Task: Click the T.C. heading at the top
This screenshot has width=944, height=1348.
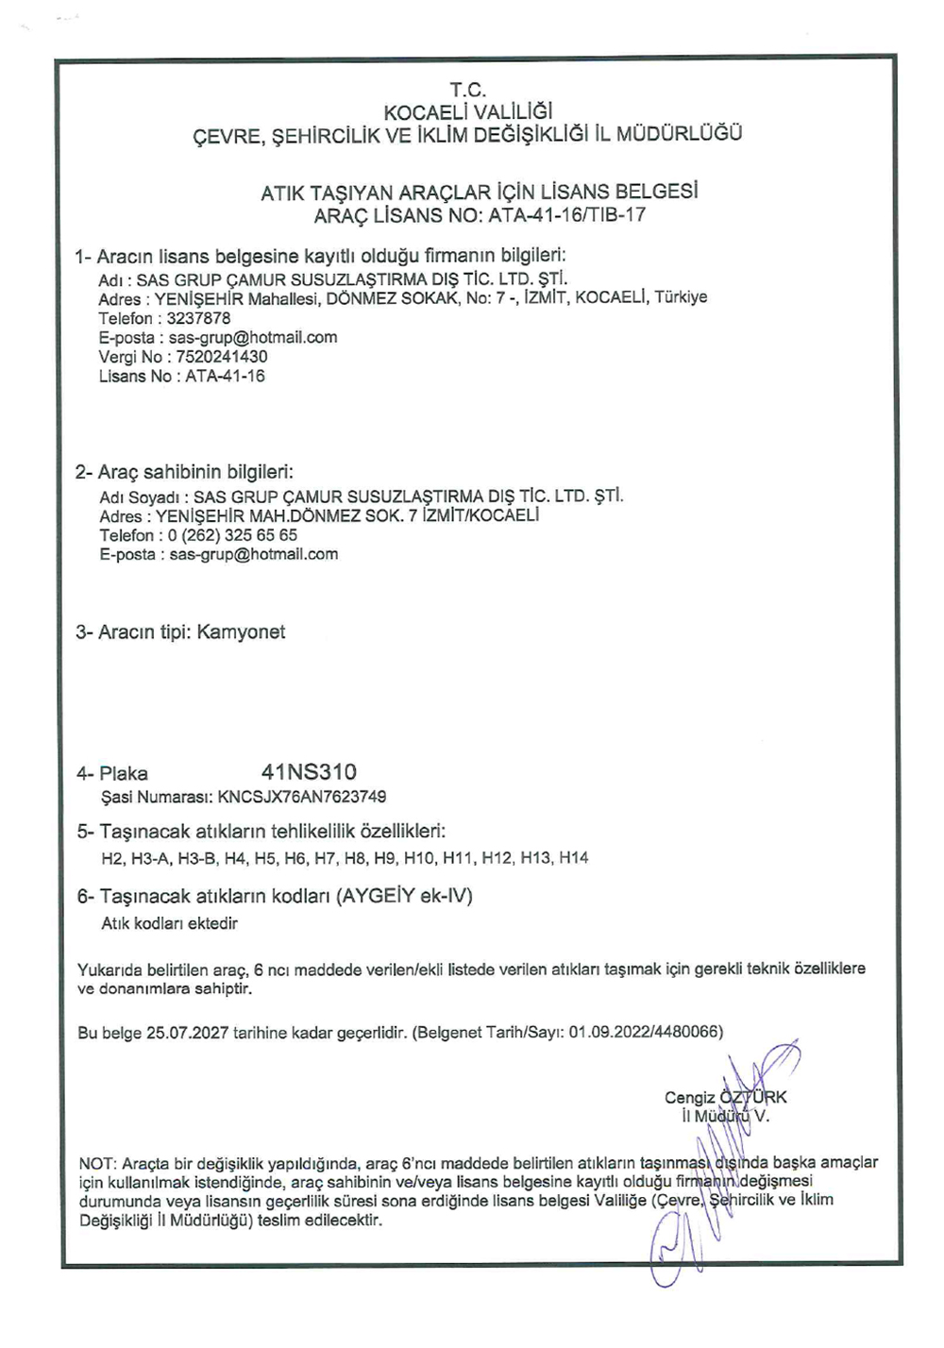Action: click(x=467, y=91)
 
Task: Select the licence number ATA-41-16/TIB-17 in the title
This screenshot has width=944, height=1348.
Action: click(x=566, y=214)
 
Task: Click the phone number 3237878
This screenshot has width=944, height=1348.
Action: click(x=198, y=318)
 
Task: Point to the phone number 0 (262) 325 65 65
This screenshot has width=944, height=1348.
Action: click(x=233, y=535)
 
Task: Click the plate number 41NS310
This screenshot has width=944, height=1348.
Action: click(x=309, y=772)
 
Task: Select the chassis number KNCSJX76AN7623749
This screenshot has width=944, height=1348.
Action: click(x=301, y=797)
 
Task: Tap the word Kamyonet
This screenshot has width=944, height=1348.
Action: click(x=241, y=632)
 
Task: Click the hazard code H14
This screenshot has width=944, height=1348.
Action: click(x=573, y=858)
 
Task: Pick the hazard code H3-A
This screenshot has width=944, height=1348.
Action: click(x=149, y=858)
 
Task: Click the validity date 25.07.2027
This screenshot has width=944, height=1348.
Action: click(x=187, y=1033)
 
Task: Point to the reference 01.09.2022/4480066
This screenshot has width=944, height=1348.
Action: click(x=645, y=1033)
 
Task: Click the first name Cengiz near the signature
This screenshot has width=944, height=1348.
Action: click(x=689, y=1097)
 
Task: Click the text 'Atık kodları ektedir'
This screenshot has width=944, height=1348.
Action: click(x=169, y=923)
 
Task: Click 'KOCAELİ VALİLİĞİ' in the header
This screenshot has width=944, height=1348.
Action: click(x=468, y=112)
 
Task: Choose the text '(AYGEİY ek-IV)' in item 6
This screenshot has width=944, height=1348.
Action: click(x=405, y=896)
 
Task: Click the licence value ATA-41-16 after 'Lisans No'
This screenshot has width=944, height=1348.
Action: click(x=225, y=376)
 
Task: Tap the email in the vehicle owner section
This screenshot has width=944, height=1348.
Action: click(x=253, y=554)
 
